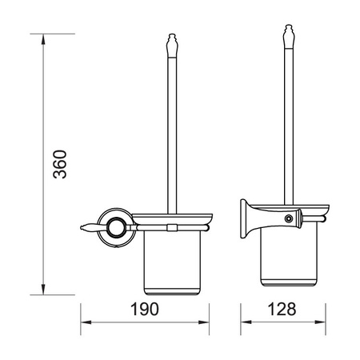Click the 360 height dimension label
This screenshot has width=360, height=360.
tap(60, 164)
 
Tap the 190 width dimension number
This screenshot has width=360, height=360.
tap(144, 310)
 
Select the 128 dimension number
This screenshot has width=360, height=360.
tap(282, 310)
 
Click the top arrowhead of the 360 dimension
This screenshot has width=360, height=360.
tap(43, 39)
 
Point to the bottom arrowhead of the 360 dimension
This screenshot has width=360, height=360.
tap(43, 290)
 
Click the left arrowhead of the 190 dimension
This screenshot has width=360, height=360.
tap(86, 322)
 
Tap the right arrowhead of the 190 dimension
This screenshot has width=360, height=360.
tap(204, 322)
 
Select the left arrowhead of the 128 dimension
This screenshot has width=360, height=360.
tap(246, 322)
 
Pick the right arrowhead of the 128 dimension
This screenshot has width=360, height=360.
tap(320, 322)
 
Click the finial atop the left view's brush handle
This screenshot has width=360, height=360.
tap(172, 46)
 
